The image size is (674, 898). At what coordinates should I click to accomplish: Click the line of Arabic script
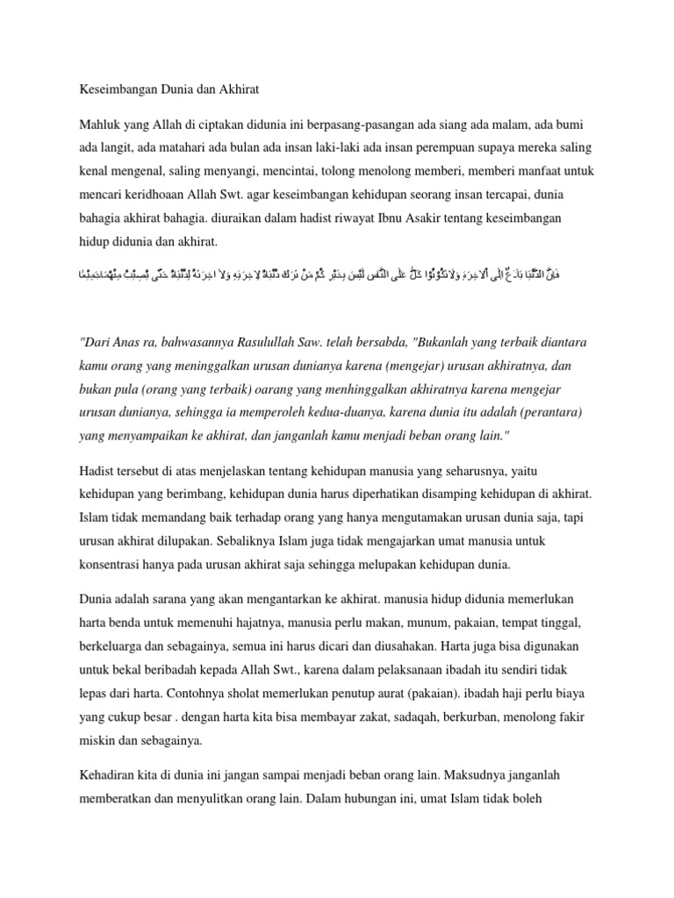click(336, 275)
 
